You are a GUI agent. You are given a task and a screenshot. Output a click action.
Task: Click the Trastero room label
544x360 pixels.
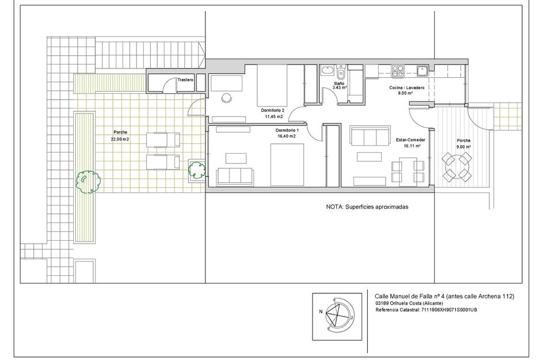click(x=185, y=80)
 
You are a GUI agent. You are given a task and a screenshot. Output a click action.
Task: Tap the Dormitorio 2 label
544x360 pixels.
click(x=273, y=111)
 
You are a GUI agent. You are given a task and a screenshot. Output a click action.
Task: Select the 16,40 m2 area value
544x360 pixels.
click(x=287, y=137)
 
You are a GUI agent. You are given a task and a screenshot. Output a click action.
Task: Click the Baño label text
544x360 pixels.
click(x=339, y=84)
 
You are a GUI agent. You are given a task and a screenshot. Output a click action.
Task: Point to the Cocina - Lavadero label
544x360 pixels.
click(x=406, y=88)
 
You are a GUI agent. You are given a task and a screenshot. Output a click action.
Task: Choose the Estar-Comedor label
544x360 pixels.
click(x=410, y=140)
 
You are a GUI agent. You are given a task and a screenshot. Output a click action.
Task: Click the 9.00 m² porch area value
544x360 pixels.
click(x=463, y=147)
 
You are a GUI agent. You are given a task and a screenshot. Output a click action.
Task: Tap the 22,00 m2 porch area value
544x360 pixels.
click(x=120, y=139)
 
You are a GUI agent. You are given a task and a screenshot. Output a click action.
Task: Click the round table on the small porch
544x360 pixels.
click(x=457, y=167)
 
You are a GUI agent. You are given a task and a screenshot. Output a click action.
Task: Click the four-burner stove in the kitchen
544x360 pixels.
click(x=398, y=71)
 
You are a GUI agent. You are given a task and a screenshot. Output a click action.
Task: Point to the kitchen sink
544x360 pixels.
click(x=422, y=71)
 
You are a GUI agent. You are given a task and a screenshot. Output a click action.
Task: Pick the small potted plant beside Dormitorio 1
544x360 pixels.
click(x=197, y=170)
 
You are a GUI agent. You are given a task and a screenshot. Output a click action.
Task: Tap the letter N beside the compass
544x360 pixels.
click(x=321, y=312)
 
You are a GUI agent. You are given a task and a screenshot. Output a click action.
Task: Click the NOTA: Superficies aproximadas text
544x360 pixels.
click(x=367, y=207)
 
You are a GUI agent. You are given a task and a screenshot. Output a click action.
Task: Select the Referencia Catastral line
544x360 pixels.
click(x=426, y=310)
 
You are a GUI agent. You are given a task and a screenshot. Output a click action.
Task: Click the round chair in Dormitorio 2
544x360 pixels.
click(x=226, y=98)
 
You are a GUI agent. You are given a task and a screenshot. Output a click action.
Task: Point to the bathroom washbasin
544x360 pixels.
click(x=327, y=71)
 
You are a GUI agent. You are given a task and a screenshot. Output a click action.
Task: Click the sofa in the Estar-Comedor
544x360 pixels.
click(x=370, y=137)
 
